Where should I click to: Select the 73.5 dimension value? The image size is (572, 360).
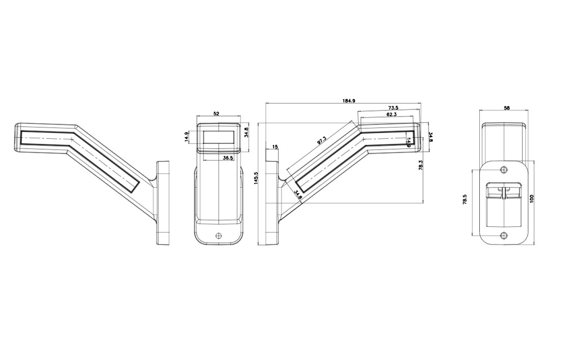click(x=393, y=108)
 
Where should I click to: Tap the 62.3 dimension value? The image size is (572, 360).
click(x=392, y=114)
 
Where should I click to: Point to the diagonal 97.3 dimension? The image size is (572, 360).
click(x=322, y=140)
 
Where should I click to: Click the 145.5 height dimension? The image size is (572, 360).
click(x=256, y=178)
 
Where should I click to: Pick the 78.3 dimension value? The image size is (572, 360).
click(x=420, y=165)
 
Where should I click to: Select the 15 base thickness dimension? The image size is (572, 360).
click(x=275, y=147)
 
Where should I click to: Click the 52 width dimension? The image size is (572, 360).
click(x=216, y=113)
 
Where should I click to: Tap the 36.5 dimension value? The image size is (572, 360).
click(x=228, y=158)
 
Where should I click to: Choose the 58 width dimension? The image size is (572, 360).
click(x=507, y=108)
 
